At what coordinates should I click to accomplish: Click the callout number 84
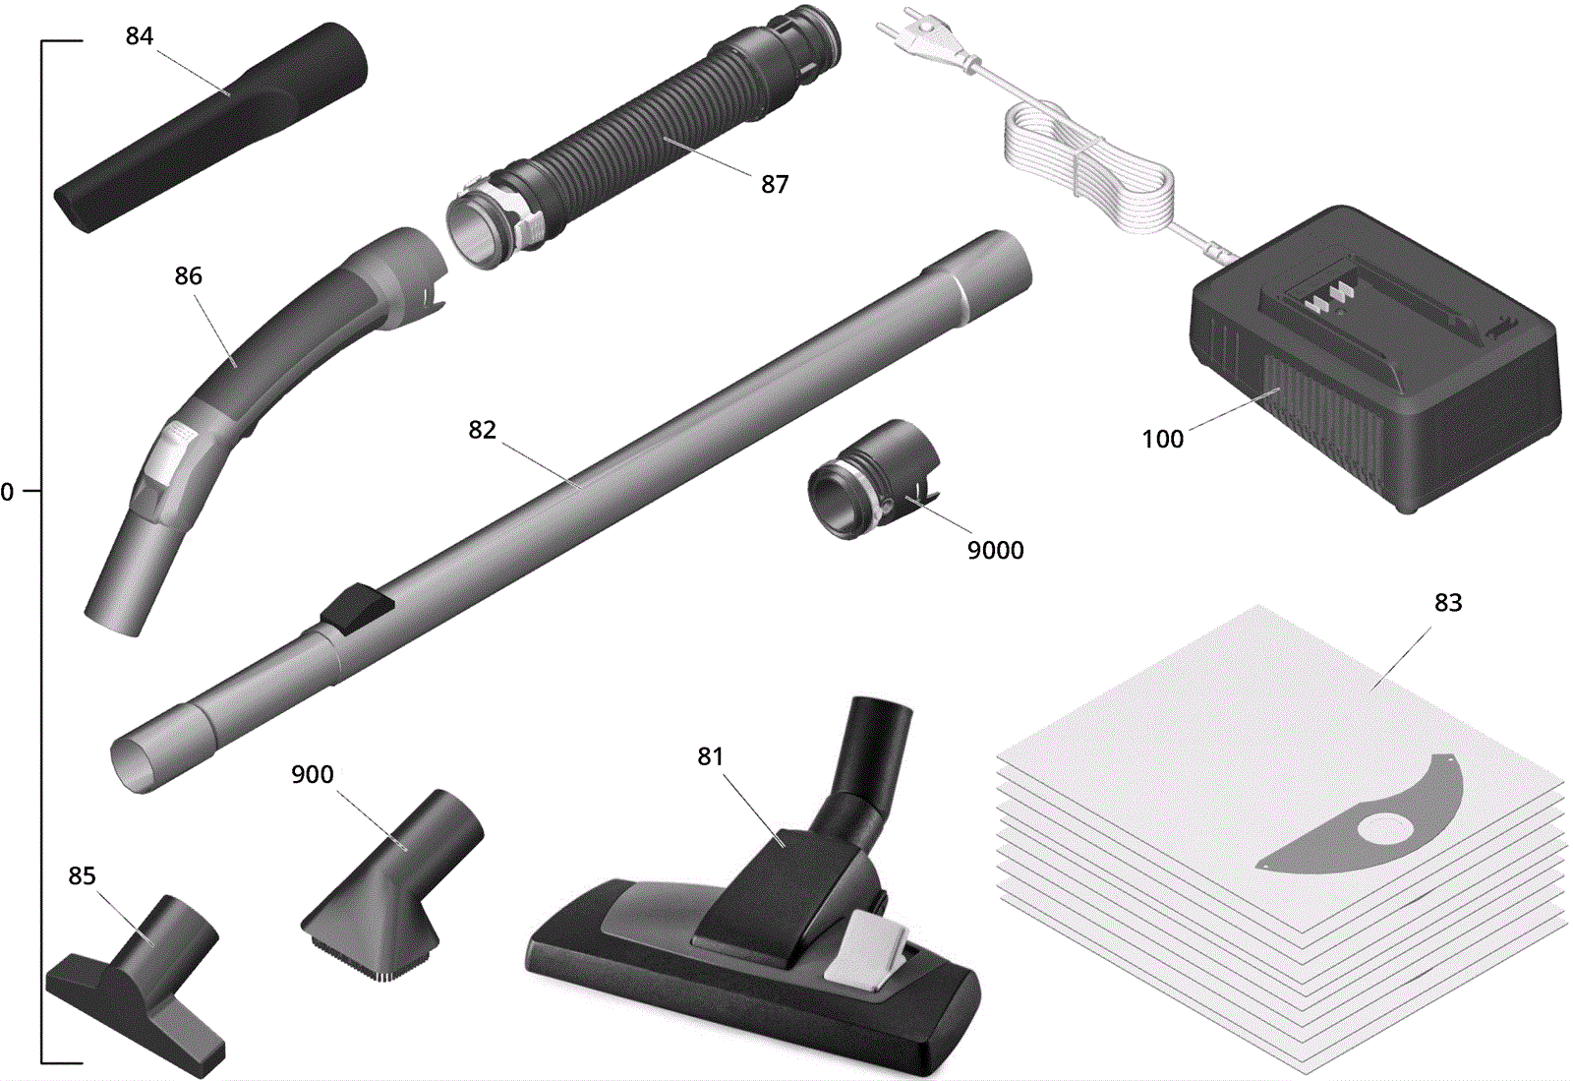click(139, 35)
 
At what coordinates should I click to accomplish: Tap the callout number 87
click(775, 184)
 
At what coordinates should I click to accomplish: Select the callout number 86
click(188, 276)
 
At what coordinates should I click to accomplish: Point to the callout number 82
click(483, 430)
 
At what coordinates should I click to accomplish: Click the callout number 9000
click(995, 550)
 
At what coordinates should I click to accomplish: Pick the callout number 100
click(1163, 439)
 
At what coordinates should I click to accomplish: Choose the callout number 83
click(1448, 602)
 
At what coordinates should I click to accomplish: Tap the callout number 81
click(710, 755)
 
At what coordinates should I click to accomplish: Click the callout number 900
click(313, 774)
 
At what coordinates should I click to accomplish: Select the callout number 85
click(82, 875)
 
